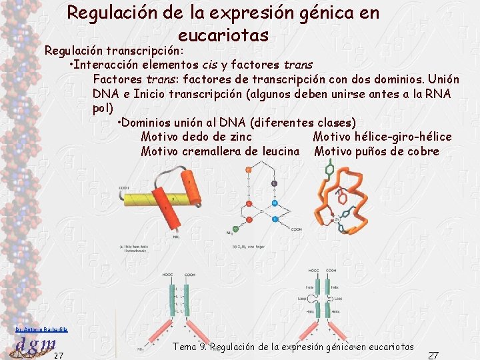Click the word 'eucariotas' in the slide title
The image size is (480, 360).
(223, 35)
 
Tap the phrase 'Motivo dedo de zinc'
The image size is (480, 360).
(197, 137)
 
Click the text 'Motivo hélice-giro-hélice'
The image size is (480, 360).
(382, 137)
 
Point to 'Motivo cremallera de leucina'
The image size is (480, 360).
(220, 151)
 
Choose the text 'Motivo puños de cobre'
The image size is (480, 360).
(377, 151)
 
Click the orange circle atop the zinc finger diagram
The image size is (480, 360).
(248, 171)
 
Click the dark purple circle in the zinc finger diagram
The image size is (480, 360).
(274, 183)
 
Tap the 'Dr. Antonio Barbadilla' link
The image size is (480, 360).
(41, 329)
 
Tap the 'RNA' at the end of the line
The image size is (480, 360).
(437, 94)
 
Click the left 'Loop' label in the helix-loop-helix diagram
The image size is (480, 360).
(302, 297)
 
